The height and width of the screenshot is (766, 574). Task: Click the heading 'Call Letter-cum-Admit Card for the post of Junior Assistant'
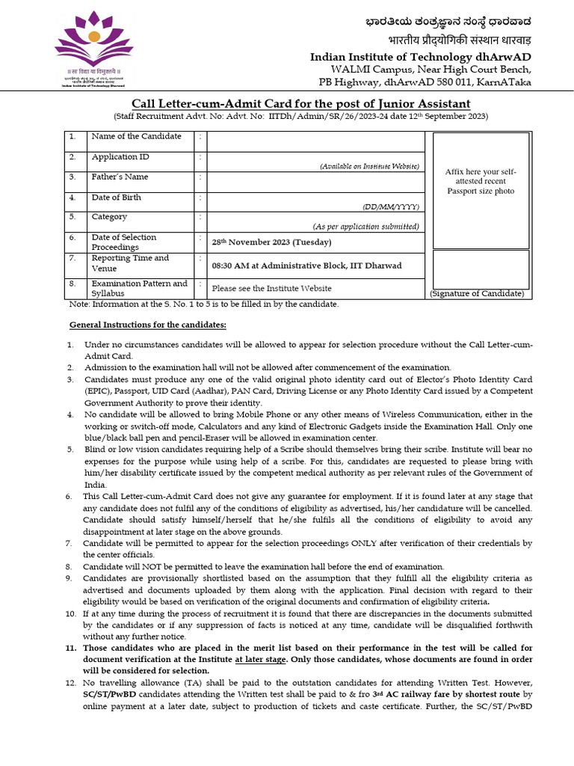[x=301, y=103]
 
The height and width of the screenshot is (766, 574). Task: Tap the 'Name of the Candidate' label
[x=136, y=136]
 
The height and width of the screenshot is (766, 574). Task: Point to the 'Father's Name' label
[x=120, y=177]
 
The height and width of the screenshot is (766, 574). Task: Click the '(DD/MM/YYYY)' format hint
[x=391, y=206]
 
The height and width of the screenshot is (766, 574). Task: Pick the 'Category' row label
[x=109, y=217]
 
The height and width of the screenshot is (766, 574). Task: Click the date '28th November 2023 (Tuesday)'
[x=271, y=242]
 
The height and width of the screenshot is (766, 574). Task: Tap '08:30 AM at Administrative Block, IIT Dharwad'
[x=306, y=266]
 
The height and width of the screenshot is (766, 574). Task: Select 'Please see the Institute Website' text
[x=271, y=288]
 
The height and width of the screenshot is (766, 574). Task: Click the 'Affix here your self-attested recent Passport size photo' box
[x=481, y=181]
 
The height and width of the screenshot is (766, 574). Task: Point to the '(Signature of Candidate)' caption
[x=477, y=294]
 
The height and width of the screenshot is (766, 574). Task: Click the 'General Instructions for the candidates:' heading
[x=147, y=325]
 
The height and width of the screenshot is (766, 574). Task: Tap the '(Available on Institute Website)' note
[x=369, y=166]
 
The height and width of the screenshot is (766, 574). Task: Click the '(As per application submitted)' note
[x=365, y=227]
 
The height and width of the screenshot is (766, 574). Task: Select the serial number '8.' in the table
[x=72, y=284]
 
